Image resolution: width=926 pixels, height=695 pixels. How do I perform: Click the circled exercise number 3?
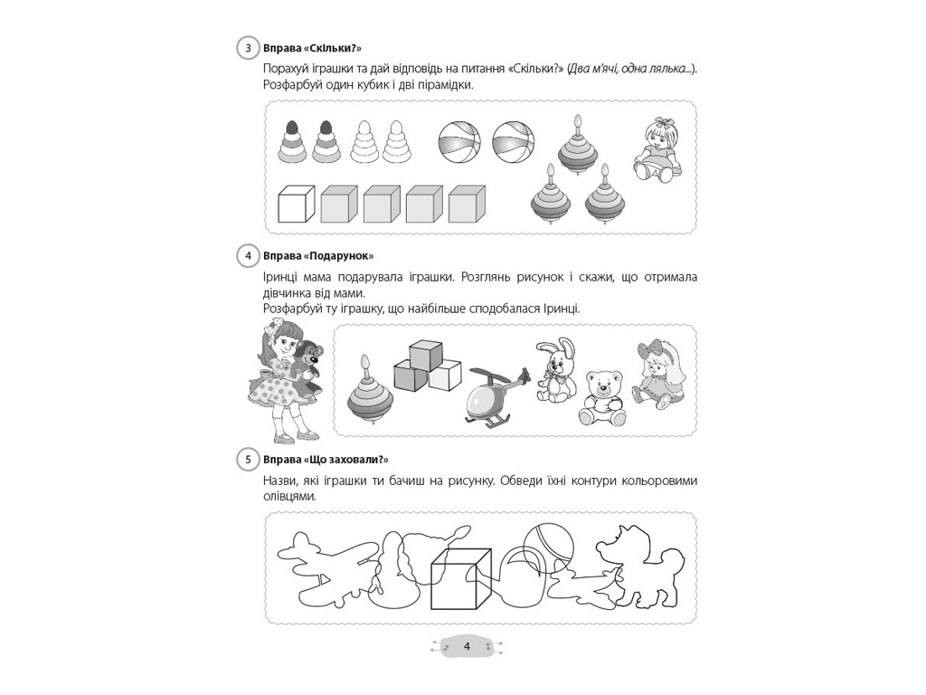coord(249,49)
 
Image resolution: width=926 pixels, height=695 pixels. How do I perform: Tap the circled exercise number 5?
coord(249,460)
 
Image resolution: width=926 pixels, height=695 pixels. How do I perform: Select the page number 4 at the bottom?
coord(467,646)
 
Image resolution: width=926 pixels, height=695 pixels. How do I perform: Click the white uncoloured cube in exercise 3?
coord(296,204)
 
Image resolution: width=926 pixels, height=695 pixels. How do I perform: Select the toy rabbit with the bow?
coord(556,370)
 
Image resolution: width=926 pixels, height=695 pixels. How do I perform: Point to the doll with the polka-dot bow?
coord(659,375)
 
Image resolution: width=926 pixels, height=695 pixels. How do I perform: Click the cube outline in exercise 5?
coord(461,579)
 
